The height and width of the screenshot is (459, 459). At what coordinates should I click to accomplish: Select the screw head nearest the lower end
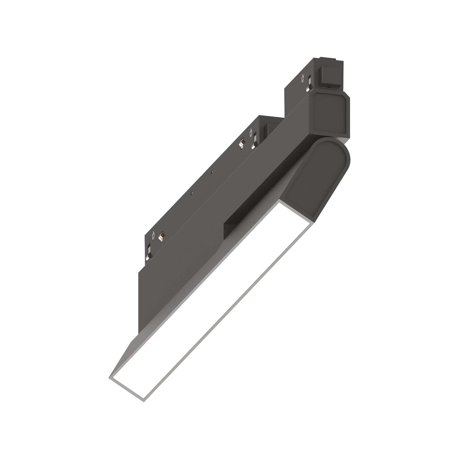click(154, 234)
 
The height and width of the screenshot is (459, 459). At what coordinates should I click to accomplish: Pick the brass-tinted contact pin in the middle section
click(241, 143)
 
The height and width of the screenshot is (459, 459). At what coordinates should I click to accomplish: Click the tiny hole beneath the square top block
click(330, 86)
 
